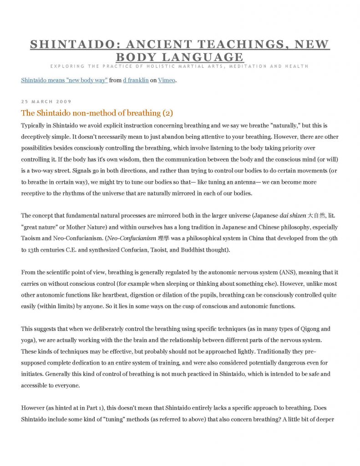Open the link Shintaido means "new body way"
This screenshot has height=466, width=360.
64,81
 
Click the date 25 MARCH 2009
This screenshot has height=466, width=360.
46,101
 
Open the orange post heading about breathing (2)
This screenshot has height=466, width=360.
97,113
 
